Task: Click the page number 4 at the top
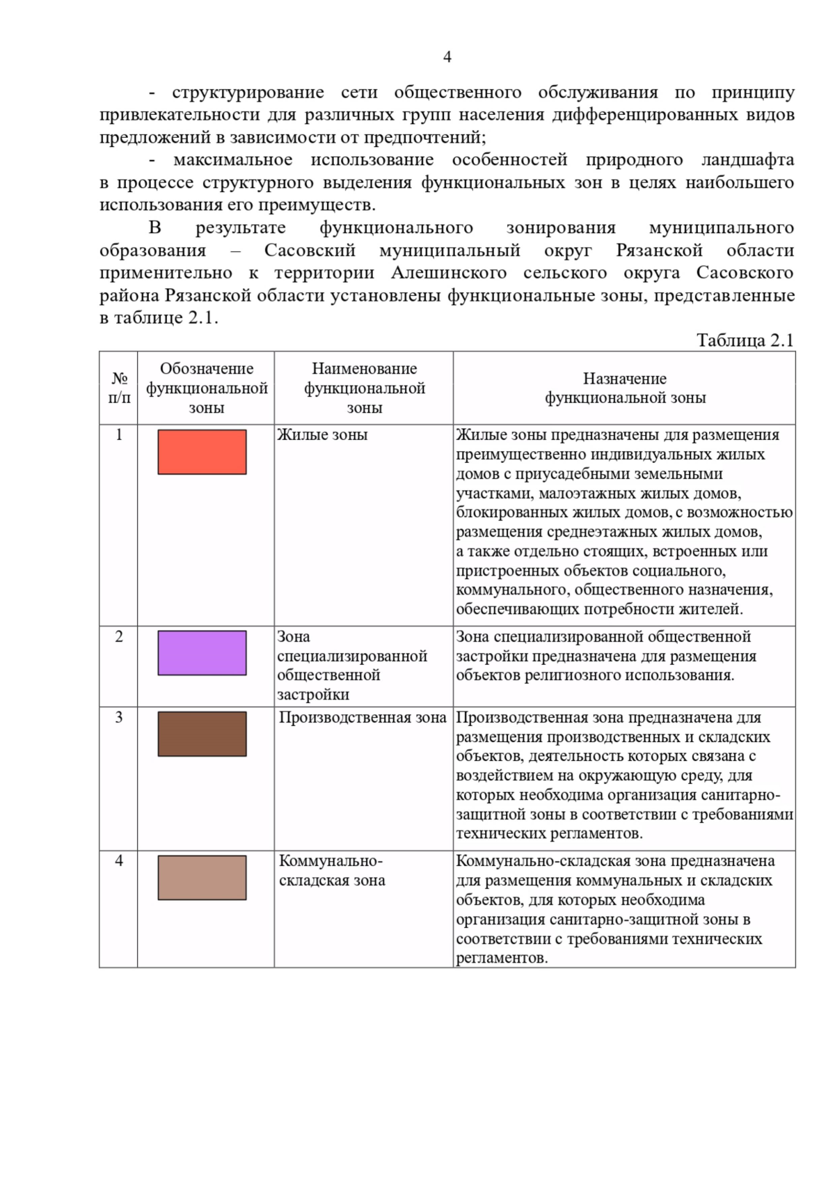click(x=447, y=57)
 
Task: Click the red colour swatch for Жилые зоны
click(x=202, y=452)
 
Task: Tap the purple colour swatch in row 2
click(x=202, y=653)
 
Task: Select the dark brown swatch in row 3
click(x=202, y=734)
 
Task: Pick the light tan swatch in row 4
click(x=202, y=878)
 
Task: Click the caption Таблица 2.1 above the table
click(x=745, y=340)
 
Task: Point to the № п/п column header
click(x=119, y=388)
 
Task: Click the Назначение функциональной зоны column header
click(x=624, y=388)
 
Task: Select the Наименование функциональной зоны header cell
click(x=364, y=388)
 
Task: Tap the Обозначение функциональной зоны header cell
click(x=207, y=388)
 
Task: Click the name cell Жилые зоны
click(x=322, y=435)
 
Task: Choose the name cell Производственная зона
click(x=363, y=718)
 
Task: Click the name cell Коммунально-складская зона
click(x=332, y=871)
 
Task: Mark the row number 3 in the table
click(x=119, y=718)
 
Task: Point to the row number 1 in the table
click(x=119, y=435)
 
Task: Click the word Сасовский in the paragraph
click(x=310, y=251)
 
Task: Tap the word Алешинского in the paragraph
click(x=449, y=273)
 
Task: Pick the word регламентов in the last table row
click(x=500, y=959)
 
